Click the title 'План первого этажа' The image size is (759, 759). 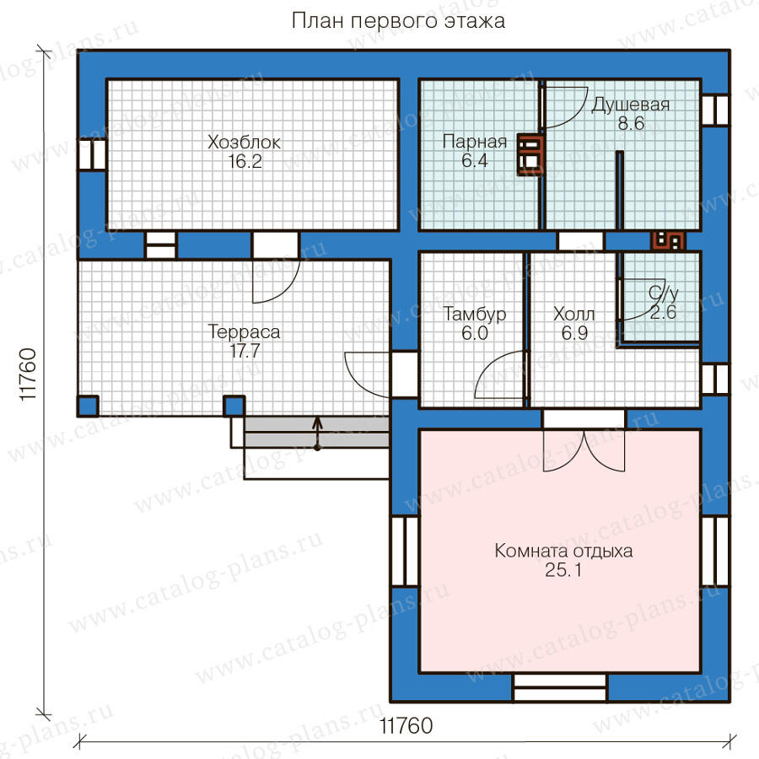coord(398,21)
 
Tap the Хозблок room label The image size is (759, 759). coord(244,143)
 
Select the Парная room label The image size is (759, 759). coord(474,142)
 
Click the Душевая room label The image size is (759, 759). coord(630,105)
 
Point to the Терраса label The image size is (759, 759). coord(244,332)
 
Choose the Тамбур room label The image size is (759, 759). coord(474,315)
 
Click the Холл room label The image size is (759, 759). coord(574,315)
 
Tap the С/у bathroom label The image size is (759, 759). coord(663,293)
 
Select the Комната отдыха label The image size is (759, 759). coord(563,551)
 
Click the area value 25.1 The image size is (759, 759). coord(563,570)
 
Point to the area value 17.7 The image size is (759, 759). coord(245,351)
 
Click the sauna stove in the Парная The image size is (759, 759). coord(530,154)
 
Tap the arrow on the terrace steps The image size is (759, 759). coord(317,433)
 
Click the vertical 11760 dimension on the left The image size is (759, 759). coord(29,374)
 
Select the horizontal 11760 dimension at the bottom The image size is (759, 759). coord(406,725)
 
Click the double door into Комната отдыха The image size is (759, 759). coord(584,440)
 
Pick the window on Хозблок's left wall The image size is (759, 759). coord(92,155)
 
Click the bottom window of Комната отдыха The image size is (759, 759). coord(560,686)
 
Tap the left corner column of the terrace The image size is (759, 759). coord(88,406)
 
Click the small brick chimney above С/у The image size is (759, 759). coord(668,240)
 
